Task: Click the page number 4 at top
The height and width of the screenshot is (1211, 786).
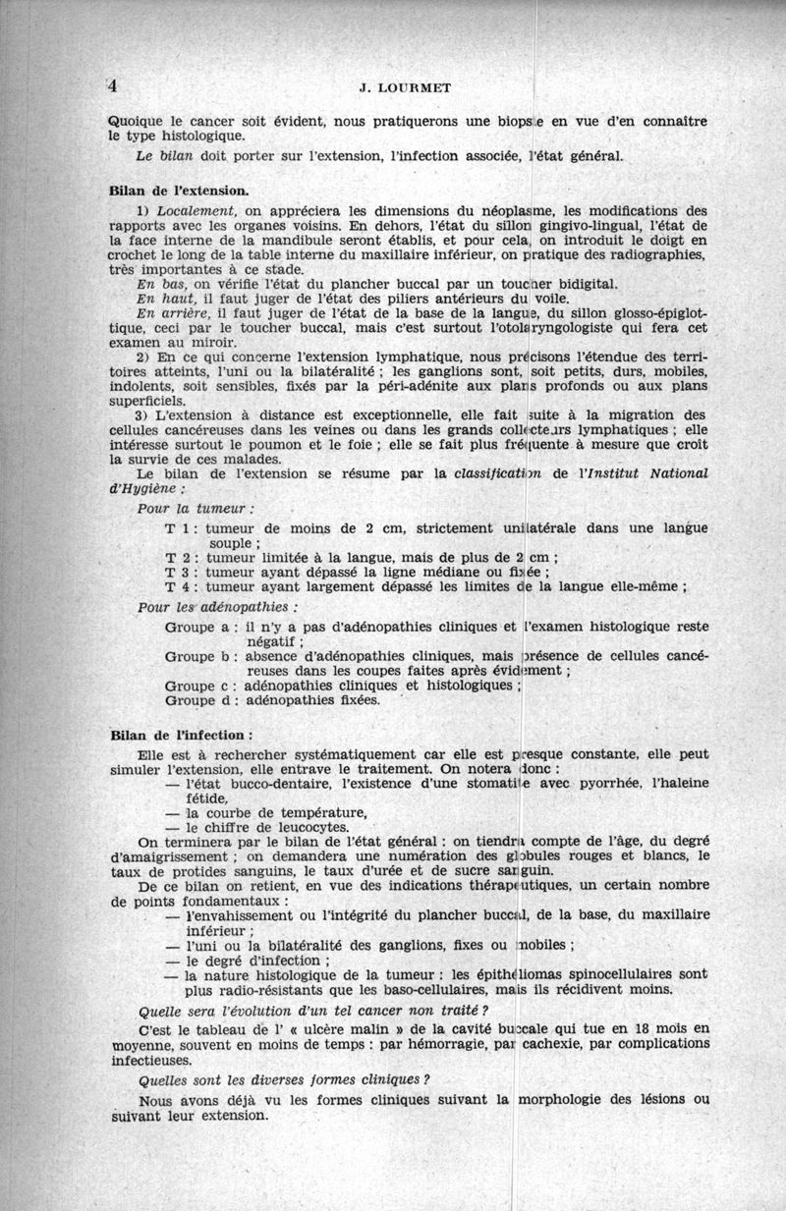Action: pos(113,85)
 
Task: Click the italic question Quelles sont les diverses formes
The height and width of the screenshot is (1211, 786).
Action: pos(285,1079)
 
